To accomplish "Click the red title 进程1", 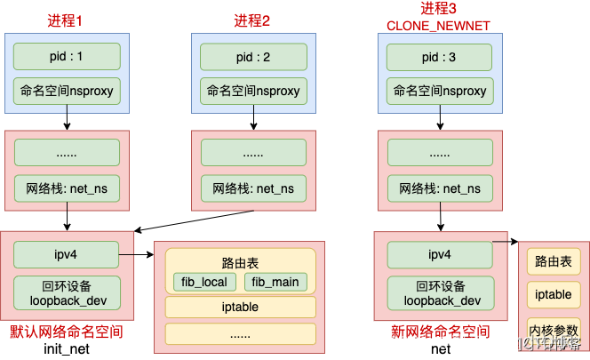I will (67, 20).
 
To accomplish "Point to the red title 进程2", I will (253, 20).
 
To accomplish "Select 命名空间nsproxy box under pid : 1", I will (67, 91).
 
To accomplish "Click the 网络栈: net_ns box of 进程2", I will (253, 188).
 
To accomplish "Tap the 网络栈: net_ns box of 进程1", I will (67, 188).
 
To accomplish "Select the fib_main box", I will (275, 283).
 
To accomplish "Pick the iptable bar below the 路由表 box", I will (240, 308).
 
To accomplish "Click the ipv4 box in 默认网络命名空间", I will (67, 255).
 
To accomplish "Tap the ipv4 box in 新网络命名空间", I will (441, 255).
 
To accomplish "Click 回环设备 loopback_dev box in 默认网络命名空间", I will (67, 293).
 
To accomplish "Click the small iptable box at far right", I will (554, 295).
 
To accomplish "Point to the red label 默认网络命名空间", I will (66, 332).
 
